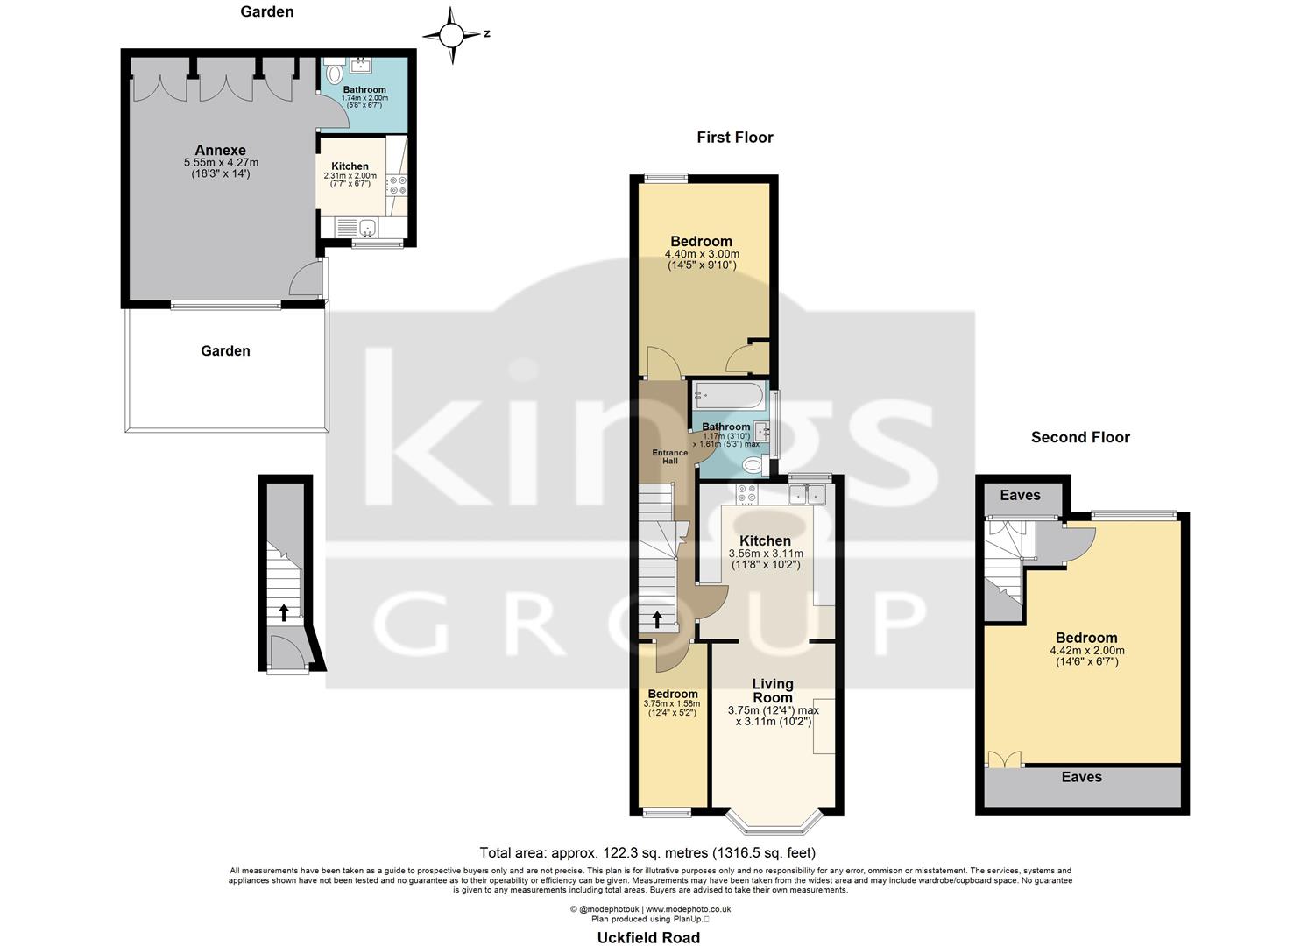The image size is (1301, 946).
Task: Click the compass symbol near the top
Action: (451, 35)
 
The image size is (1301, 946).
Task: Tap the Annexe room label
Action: (220, 150)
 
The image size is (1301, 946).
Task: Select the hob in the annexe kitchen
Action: (396, 185)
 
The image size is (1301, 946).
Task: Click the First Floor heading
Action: (734, 137)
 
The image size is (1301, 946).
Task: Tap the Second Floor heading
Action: (1079, 437)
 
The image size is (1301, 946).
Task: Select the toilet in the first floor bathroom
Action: (753, 464)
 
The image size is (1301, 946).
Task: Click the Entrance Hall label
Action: (669, 456)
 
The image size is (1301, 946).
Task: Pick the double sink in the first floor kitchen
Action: (808, 495)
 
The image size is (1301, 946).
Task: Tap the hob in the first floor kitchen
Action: (747, 494)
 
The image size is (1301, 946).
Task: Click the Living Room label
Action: (772, 690)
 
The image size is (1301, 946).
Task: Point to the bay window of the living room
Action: (776, 821)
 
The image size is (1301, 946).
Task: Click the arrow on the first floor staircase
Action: (657, 619)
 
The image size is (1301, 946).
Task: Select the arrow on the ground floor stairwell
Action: (283, 611)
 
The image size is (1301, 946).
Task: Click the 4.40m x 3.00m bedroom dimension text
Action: (702, 259)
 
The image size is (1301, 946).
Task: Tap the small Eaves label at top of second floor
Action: (1020, 496)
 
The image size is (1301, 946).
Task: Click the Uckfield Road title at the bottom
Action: (648, 937)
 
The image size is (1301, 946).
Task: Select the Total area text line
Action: (647, 852)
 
